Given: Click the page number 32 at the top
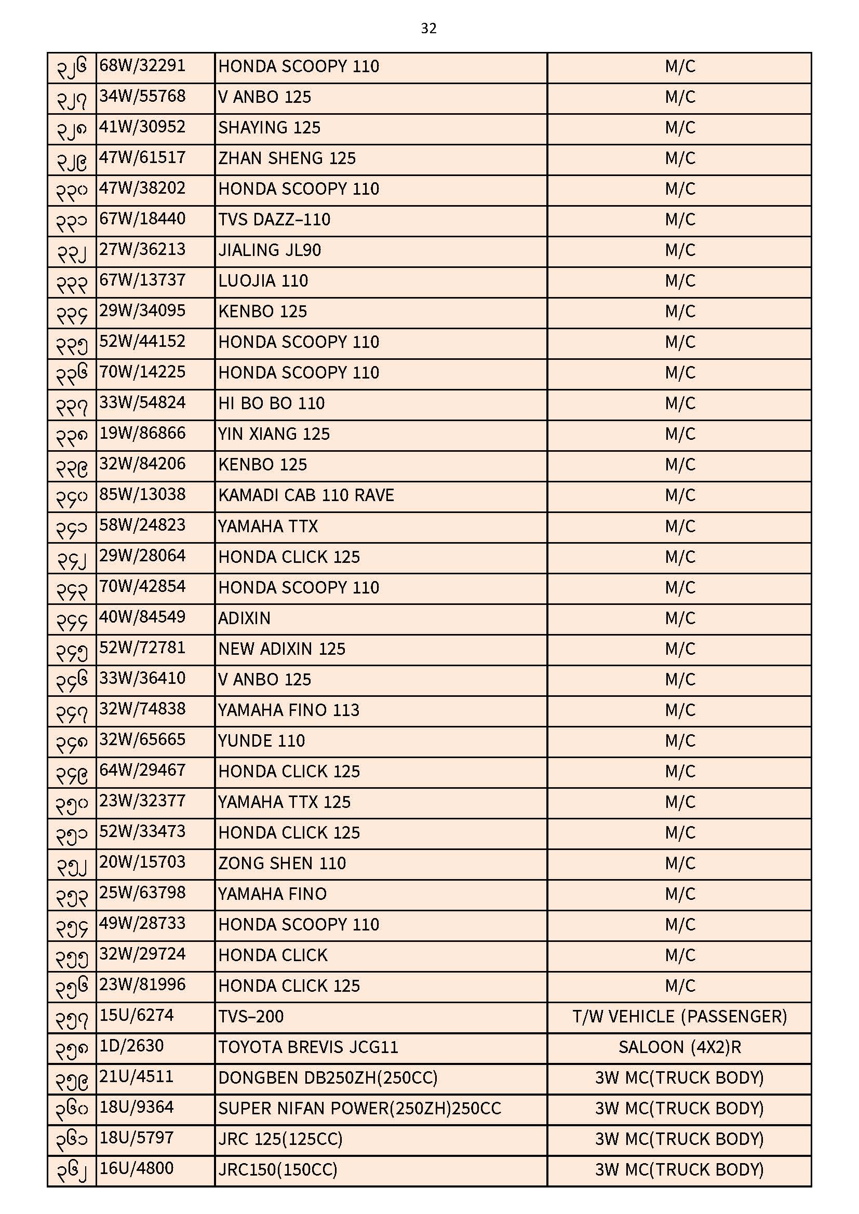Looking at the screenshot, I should click(x=428, y=28).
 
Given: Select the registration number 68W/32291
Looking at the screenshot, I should click(x=142, y=66).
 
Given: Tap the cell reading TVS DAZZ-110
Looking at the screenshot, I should click(x=274, y=220).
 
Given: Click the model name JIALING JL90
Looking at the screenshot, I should click(x=269, y=250).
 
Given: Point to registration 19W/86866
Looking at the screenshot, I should click(x=142, y=434).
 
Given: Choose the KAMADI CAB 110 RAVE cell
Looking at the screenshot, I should click(x=306, y=495).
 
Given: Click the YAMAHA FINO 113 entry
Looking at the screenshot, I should click(x=288, y=710).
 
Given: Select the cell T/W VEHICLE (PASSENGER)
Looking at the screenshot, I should click(x=679, y=1016).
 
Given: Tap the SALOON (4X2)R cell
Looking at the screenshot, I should click(x=679, y=1047).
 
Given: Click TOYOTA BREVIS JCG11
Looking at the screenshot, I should click(x=308, y=1047).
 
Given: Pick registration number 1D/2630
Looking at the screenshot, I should click(x=132, y=1046).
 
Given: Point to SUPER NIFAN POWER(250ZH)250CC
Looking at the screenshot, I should click(x=359, y=1108).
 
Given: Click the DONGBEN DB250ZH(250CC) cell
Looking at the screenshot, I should click(x=327, y=1077).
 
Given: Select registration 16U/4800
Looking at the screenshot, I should click(x=137, y=1168).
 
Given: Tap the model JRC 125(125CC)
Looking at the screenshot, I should click(x=280, y=1139).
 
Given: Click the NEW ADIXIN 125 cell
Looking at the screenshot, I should click(x=281, y=649).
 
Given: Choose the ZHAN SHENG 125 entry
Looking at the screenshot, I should click(x=287, y=158).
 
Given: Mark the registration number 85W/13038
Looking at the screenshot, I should click(x=142, y=495).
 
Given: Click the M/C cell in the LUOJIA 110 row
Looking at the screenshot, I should click(x=679, y=281).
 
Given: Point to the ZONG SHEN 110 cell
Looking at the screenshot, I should click(x=282, y=864).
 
